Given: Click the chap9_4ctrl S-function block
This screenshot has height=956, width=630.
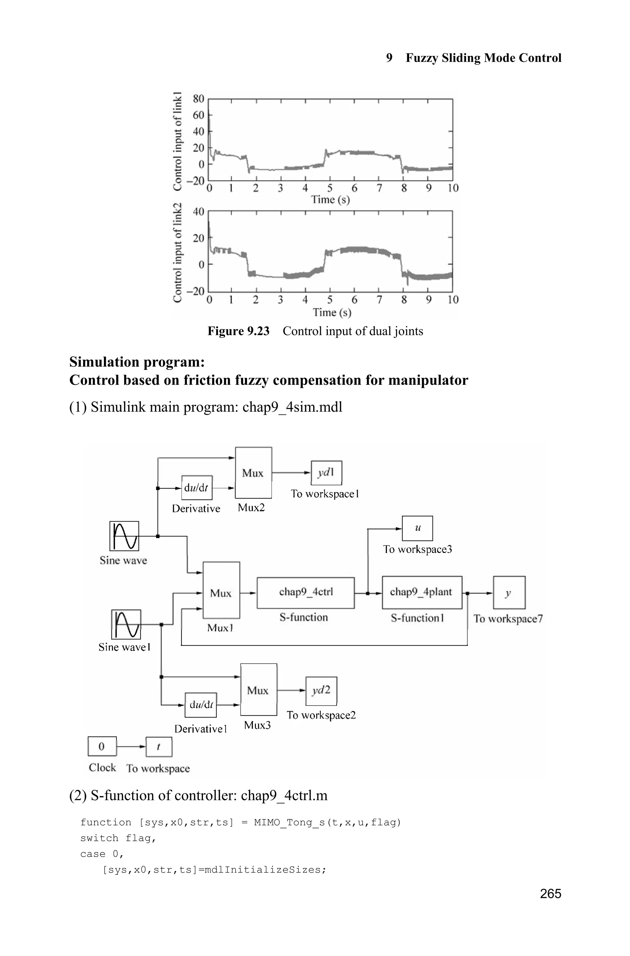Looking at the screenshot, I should pos(305,593).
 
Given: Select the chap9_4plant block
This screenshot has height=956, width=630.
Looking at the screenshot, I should pos(421,592).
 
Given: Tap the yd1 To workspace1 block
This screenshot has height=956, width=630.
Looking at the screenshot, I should pos(326,473).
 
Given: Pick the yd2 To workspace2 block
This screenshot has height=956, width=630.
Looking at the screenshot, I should pos(321,691).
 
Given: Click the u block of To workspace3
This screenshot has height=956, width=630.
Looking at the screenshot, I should pos(417,528).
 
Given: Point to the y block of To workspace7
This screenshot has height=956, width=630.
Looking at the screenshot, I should pos(509,592).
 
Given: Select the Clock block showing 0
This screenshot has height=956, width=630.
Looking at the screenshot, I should pos(102,746).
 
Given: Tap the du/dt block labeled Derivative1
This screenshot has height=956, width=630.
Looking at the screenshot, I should pos(201,705).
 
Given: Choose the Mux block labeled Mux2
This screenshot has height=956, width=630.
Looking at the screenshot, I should pos(253,473).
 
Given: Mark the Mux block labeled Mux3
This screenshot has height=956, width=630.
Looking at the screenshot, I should pos(258,690).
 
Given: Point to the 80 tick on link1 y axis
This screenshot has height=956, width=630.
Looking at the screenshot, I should pos(198,98).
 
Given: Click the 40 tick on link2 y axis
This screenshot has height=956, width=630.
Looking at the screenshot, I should pos(198,211).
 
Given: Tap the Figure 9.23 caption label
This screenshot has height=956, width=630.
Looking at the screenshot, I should pos(238,331).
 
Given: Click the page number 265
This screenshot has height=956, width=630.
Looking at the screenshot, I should pos(550,894).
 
